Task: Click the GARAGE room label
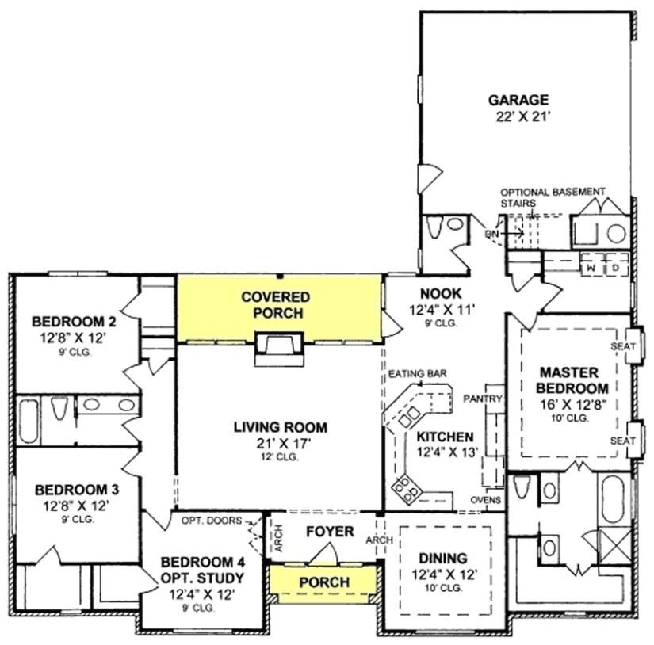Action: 518,100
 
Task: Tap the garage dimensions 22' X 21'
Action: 518,116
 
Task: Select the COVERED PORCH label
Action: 276,304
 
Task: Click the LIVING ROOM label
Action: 280,427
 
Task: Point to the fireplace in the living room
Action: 278,349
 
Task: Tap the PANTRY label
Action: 484,398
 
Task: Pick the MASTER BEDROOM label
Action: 574,380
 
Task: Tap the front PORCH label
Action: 324,582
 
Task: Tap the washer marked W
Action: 591,268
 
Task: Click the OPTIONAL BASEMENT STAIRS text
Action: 553,197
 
